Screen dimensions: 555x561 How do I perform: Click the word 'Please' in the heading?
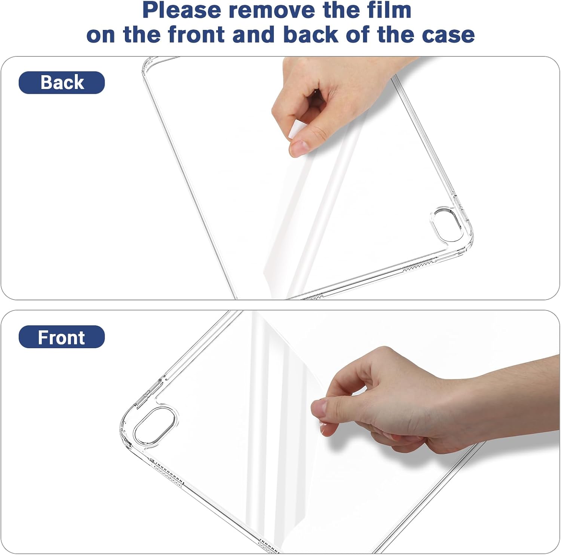(x=182, y=10)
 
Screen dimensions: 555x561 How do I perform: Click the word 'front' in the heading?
(x=198, y=34)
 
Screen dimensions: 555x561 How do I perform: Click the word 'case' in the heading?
(x=448, y=34)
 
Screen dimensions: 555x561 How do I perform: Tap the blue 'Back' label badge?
(x=62, y=82)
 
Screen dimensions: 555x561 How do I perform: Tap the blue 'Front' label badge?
(x=62, y=337)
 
